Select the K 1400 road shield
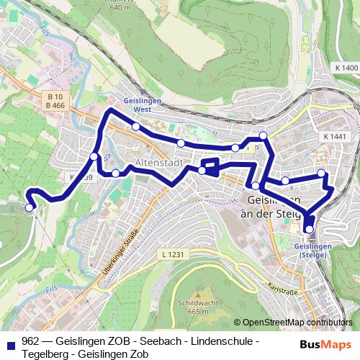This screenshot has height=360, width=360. point(346,68)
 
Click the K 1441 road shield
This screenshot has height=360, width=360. point(335,136)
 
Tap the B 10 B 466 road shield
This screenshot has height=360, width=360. point(55,102)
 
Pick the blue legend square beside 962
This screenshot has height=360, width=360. point(10,341)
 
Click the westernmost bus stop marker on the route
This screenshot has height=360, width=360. point(30,207)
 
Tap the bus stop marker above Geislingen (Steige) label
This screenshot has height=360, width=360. point(310,230)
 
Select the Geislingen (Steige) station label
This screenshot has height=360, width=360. point(313,251)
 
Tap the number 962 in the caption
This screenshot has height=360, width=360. point(30,341)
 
